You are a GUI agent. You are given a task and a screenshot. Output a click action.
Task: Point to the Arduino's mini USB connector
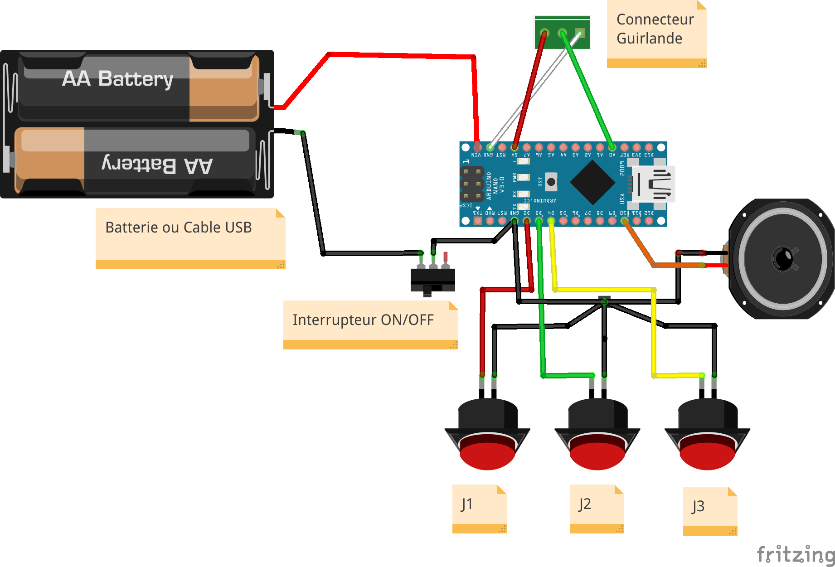coord(653,184)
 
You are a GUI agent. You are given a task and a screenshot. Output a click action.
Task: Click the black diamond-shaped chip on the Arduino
coord(592,183)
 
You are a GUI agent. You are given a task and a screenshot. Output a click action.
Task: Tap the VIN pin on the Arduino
coord(477,147)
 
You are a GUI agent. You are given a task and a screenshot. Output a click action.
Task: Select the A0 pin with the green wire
coord(612,147)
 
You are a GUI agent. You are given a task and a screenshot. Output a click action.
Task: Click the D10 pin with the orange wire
coord(624,221)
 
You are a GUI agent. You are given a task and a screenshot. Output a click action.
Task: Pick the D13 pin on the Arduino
coord(649,147)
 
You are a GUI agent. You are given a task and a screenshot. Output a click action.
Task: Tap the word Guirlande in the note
coord(649,39)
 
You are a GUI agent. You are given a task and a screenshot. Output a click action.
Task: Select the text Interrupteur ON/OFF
coord(363,320)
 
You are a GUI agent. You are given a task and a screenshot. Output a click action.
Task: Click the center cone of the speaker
coord(783,259)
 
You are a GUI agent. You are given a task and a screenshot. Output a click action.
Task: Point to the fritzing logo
coord(796,554)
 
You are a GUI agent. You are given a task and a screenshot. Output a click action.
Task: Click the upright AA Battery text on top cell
coord(117,79)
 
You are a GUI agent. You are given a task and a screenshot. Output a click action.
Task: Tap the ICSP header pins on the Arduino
coord(471,184)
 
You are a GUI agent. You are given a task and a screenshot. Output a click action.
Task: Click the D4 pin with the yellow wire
coord(551,221)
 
